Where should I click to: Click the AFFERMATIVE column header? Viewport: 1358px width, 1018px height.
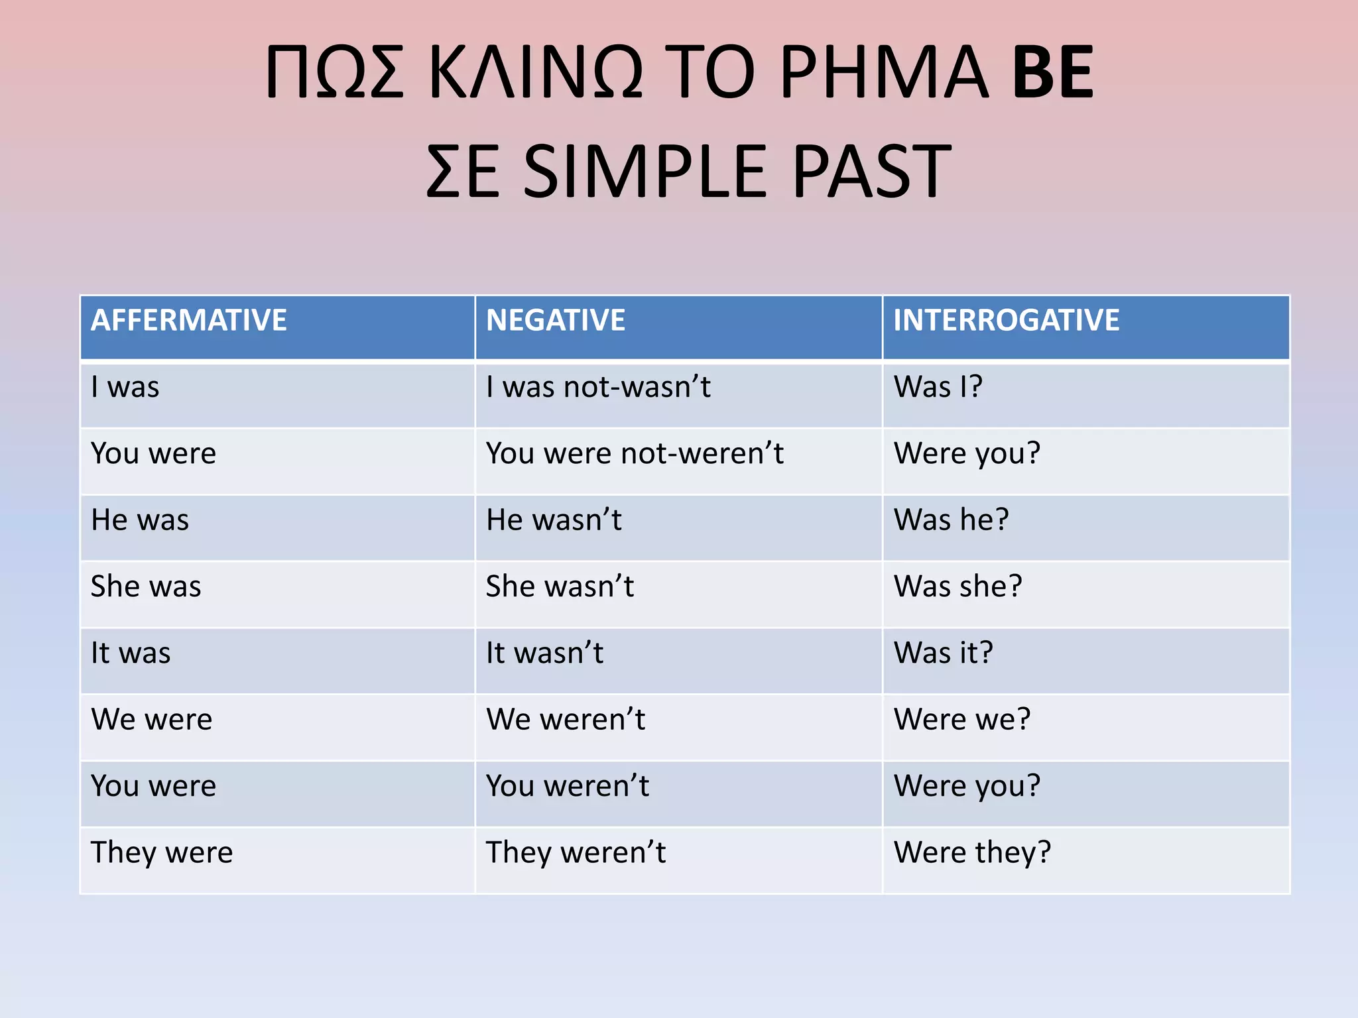point(189,321)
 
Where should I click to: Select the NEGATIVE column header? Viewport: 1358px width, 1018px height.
point(556,321)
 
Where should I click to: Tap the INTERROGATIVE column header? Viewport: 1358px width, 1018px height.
point(1006,321)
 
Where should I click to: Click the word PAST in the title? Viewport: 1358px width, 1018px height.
point(871,172)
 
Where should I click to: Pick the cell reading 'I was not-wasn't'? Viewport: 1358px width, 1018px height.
point(598,387)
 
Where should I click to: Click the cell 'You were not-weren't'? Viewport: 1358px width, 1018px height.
point(635,454)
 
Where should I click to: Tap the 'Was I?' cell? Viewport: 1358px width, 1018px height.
point(938,387)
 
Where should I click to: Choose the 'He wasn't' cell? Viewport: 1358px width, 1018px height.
point(554,520)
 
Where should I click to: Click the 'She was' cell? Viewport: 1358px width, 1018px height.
point(146,587)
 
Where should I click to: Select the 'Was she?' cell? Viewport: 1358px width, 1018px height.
point(958,587)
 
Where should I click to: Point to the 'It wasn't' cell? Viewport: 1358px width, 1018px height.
point(544,653)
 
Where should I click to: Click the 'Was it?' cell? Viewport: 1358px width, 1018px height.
point(944,653)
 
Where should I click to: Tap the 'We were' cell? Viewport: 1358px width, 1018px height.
point(152,720)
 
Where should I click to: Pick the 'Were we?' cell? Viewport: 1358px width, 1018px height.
point(962,720)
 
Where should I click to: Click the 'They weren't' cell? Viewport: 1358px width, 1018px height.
point(576,853)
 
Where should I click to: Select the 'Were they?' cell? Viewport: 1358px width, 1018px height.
point(972,853)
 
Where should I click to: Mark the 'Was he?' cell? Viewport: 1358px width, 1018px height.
point(952,520)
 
